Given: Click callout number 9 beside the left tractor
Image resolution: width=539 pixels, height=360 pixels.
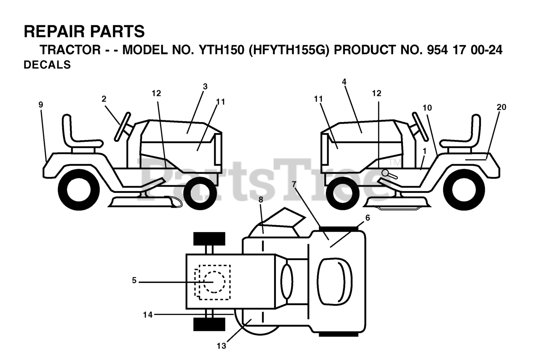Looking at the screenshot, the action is pyautogui.click(x=41, y=105).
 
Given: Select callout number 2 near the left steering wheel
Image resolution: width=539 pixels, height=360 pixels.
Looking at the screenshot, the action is pyautogui.click(x=104, y=99).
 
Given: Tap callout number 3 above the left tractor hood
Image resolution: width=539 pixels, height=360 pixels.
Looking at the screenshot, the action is pyautogui.click(x=205, y=87).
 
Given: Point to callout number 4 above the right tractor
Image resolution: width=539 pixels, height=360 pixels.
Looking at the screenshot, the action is pyautogui.click(x=344, y=82).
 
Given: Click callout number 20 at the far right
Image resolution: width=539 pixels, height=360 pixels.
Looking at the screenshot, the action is pyautogui.click(x=501, y=107).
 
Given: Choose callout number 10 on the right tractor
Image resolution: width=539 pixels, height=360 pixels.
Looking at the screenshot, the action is pyautogui.click(x=427, y=108).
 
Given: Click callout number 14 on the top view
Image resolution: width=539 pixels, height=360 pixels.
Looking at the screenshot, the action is pyautogui.click(x=147, y=314).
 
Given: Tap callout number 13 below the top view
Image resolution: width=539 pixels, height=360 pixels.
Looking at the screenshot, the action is pyautogui.click(x=221, y=346).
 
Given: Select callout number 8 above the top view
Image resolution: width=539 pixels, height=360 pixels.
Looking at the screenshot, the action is pyautogui.click(x=261, y=200).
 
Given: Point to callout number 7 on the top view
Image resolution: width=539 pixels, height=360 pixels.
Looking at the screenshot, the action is pyautogui.click(x=294, y=184).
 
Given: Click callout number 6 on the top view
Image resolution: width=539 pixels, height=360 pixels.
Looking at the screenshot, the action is pyautogui.click(x=367, y=218).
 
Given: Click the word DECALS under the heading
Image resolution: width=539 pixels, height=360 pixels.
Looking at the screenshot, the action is pyautogui.click(x=47, y=65).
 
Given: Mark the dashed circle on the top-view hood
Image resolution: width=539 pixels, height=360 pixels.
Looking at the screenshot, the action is pyautogui.click(x=214, y=282).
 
